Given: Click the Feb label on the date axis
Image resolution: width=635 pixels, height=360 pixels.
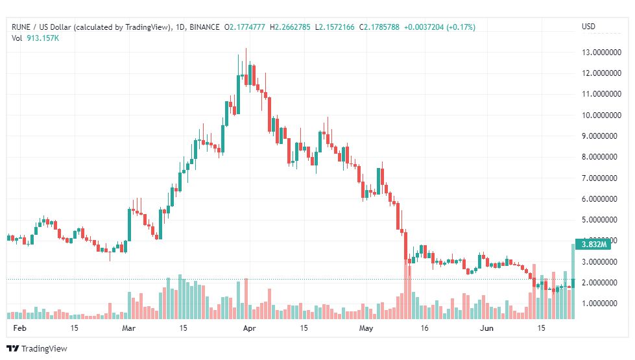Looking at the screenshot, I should [x=20, y=328].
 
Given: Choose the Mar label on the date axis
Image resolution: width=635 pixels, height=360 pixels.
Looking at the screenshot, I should [x=129, y=328].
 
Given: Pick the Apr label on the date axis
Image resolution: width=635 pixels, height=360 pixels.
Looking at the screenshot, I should [x=246, y=328].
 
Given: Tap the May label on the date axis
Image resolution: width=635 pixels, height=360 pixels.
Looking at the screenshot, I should [x=366, y=328].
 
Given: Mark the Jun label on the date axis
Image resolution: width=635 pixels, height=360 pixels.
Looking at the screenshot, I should [x=486, y=328].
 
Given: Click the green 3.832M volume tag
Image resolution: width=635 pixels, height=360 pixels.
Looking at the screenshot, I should [x=593, y=244].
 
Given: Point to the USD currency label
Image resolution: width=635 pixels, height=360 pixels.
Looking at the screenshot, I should [x=589, y=27].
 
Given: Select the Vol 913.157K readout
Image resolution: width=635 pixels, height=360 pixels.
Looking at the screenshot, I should [x=35, y=38].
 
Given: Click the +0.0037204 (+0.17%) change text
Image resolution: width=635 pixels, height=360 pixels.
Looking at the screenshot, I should [x=439, y=27].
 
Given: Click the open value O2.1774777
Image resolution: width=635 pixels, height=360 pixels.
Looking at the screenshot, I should [x=245, y=27].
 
